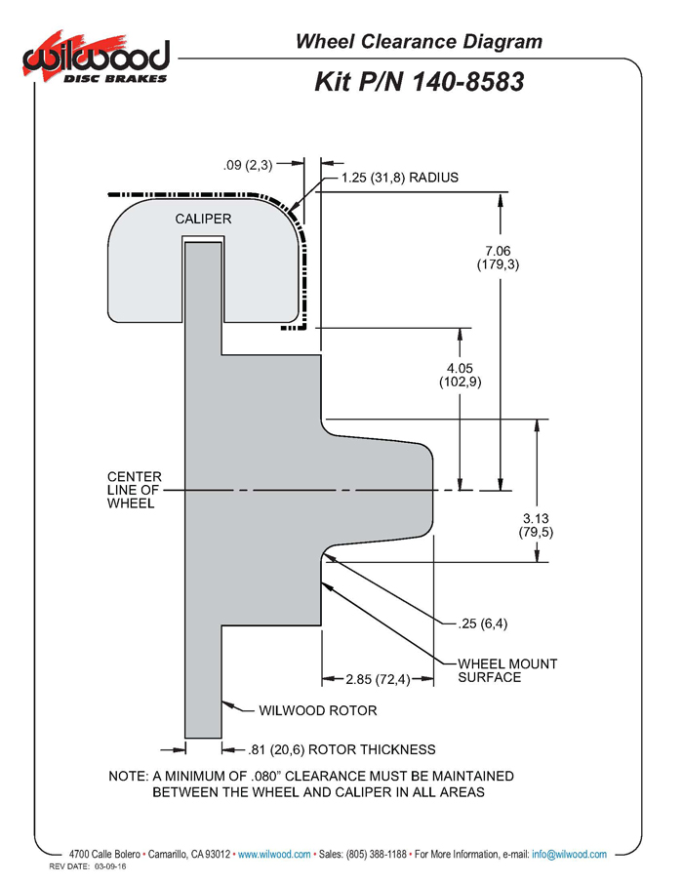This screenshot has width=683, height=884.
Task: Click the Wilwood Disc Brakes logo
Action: tap(97, 58)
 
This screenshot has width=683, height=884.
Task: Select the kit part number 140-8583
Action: tap(468, 82)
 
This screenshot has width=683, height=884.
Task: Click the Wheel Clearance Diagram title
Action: tap(419, 42)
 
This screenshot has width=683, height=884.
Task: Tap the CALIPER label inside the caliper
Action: tap(203, 219)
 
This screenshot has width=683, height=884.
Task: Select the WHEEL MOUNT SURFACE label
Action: tap(507, 670)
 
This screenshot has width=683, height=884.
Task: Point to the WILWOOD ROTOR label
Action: tap(318, 710)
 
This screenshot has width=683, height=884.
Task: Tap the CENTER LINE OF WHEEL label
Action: tap(135, 490)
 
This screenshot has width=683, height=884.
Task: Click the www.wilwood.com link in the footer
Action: tap(274, 855)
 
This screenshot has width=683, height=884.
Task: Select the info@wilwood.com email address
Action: tap(569, 855)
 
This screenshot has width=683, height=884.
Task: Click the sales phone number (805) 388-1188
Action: tap(377, 855)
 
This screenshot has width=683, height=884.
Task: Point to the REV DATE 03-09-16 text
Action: tap(88, 866)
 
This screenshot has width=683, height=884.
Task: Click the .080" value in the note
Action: tap(266, 776)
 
